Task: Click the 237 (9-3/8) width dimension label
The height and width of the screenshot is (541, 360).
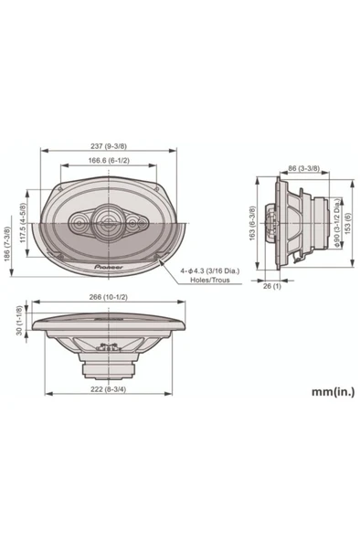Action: point(109,146)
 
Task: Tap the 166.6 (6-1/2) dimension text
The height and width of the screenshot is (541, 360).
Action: point(109,161)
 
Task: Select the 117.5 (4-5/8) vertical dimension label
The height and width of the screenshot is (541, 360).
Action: point(23,223)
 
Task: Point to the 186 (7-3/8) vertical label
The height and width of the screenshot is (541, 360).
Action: point(7,244)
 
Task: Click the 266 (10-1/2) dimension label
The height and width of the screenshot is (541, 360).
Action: point(109,297)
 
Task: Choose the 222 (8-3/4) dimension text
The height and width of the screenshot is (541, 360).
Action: point(109,389)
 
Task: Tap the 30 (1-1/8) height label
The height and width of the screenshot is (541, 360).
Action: point(19,320)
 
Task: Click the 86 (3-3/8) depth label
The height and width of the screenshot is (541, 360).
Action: point(303,169)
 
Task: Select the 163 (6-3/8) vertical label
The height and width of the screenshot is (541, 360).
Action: point(252,223)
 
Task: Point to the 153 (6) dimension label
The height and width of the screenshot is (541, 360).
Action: point(347,223)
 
